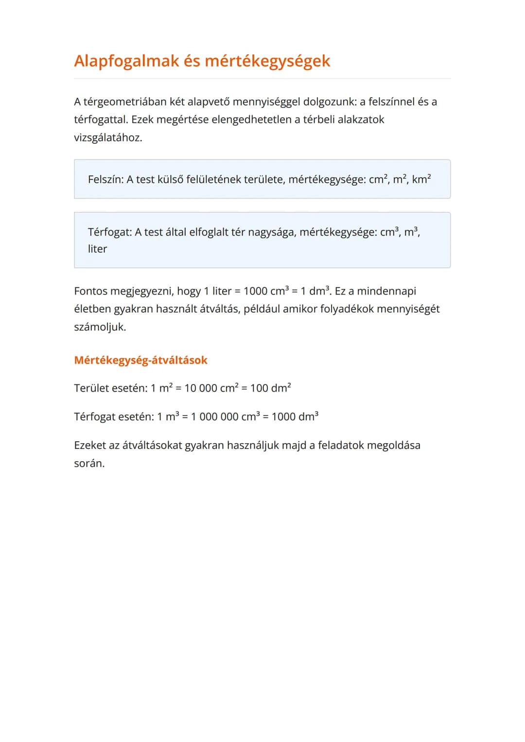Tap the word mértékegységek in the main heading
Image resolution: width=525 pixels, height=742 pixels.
[x=267, y=61]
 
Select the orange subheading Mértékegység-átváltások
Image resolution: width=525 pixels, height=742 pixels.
[x=140, y=360]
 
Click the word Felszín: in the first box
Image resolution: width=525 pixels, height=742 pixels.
[x=105, y=179]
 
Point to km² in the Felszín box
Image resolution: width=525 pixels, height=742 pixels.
[x=421, y=179]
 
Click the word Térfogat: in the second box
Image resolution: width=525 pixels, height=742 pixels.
[x=110, y=232]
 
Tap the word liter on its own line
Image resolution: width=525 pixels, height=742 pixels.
[x=97, y=249]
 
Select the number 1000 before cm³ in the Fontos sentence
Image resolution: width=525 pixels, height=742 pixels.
[x=255, y=291]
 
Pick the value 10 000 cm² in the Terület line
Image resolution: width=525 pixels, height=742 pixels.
[x=211, y=388]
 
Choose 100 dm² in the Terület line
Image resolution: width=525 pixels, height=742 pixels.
[x=270, y=388]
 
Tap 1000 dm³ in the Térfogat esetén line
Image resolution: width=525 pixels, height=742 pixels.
[x=295, y=417]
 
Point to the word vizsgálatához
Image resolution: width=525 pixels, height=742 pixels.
[x=108, y=138]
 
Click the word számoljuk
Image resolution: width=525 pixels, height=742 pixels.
[x=100, y=327]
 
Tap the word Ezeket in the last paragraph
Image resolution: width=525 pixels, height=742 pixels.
[x=90, y=446]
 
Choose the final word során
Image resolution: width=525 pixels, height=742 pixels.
[x=89, y=464]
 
